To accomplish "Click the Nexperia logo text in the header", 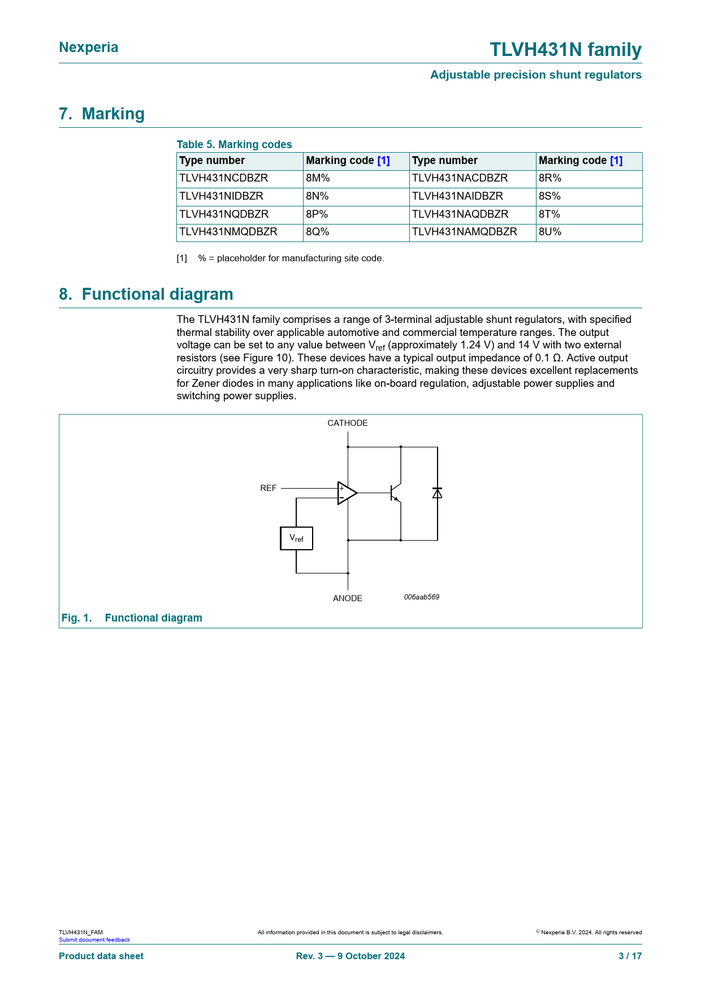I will point(88,48).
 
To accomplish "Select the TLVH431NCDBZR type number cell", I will point(223,178).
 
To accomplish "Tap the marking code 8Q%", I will point(318,232).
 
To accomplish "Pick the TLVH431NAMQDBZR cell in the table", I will point(464,232).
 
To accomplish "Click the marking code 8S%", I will point(549,196).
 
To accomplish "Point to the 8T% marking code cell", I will point(549,214).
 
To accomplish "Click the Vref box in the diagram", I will point(296,538).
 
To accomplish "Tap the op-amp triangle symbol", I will point(347,493).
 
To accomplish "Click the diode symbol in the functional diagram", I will point(437,493).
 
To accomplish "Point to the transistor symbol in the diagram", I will point(395,493).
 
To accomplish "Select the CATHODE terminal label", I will point(348,423).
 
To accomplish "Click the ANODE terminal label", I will point(348,598).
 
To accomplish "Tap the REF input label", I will point(269,488).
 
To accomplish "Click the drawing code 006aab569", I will point(422,597).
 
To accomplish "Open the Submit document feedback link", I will point(94,940).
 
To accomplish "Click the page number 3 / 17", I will point(630,956).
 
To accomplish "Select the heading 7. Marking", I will point(102,114).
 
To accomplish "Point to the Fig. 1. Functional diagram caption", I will point(132,618).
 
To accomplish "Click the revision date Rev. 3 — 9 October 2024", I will point(350,956).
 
